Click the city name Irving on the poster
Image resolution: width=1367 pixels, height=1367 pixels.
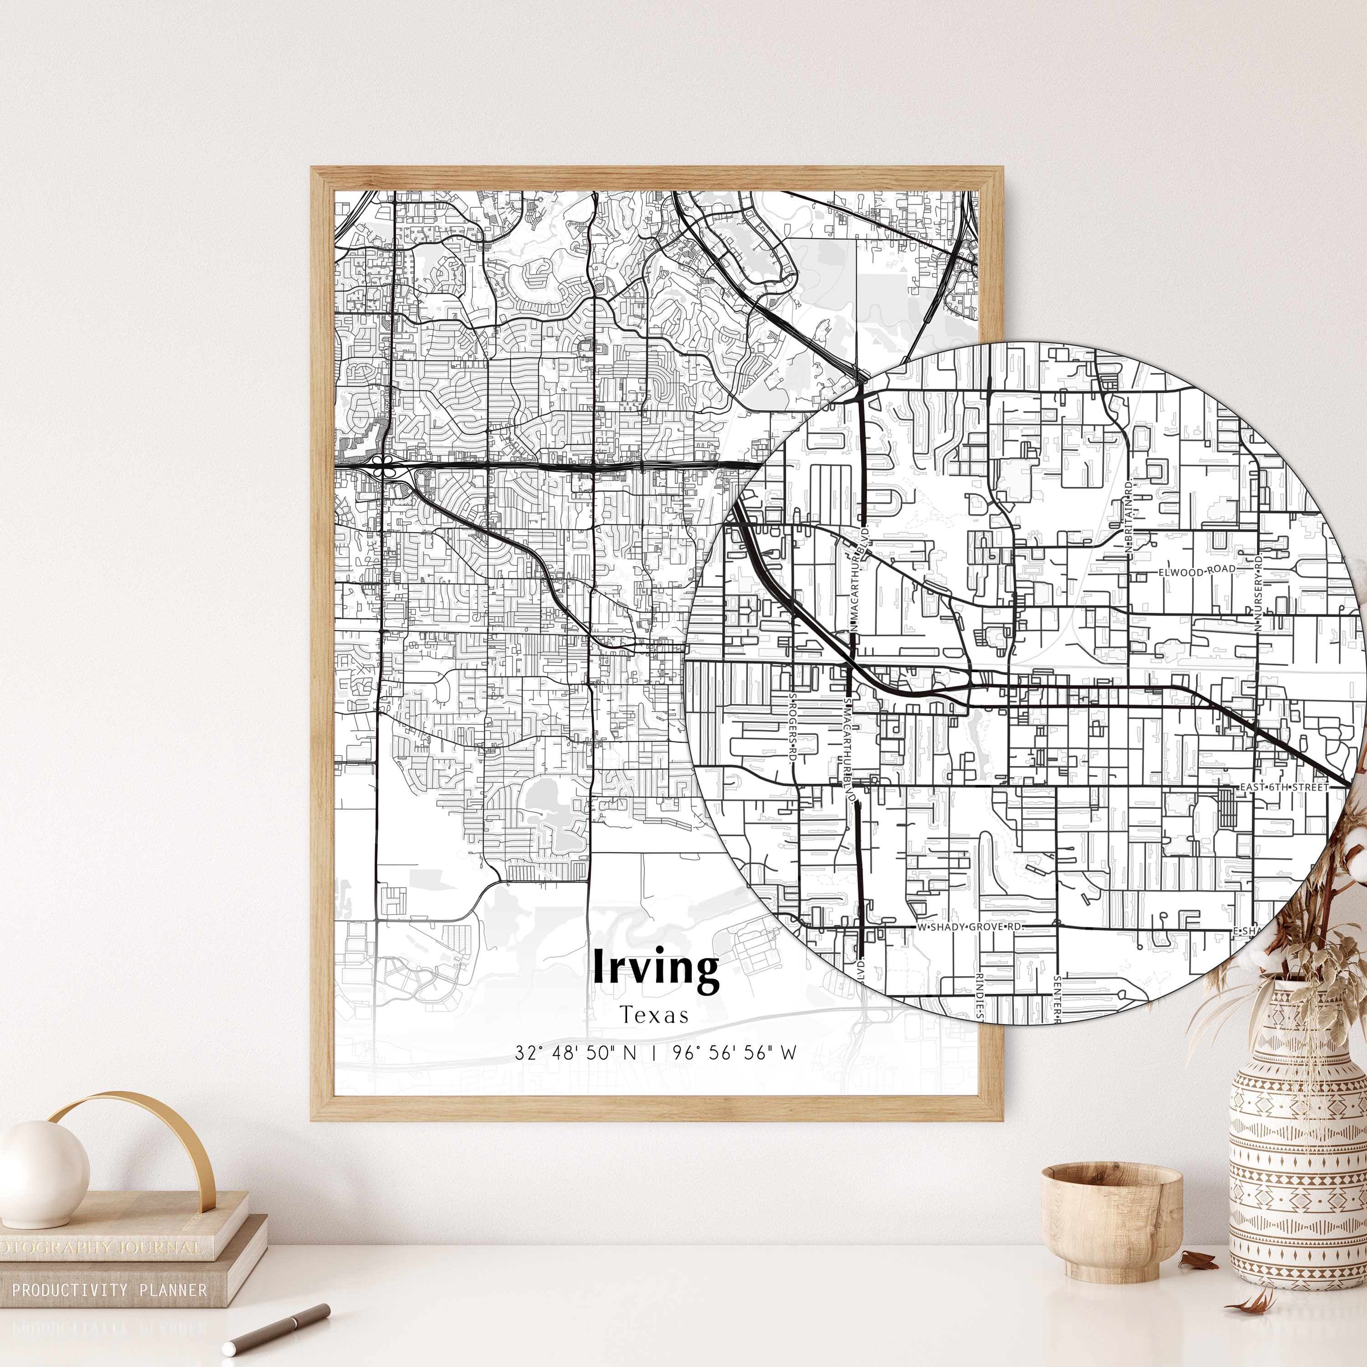point(655,968)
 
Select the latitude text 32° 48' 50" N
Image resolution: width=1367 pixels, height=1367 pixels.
point(575,1053)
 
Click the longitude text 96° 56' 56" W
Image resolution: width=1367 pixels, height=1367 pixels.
point(735,1053)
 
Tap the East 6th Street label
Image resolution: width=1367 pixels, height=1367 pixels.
point(1284,787)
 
